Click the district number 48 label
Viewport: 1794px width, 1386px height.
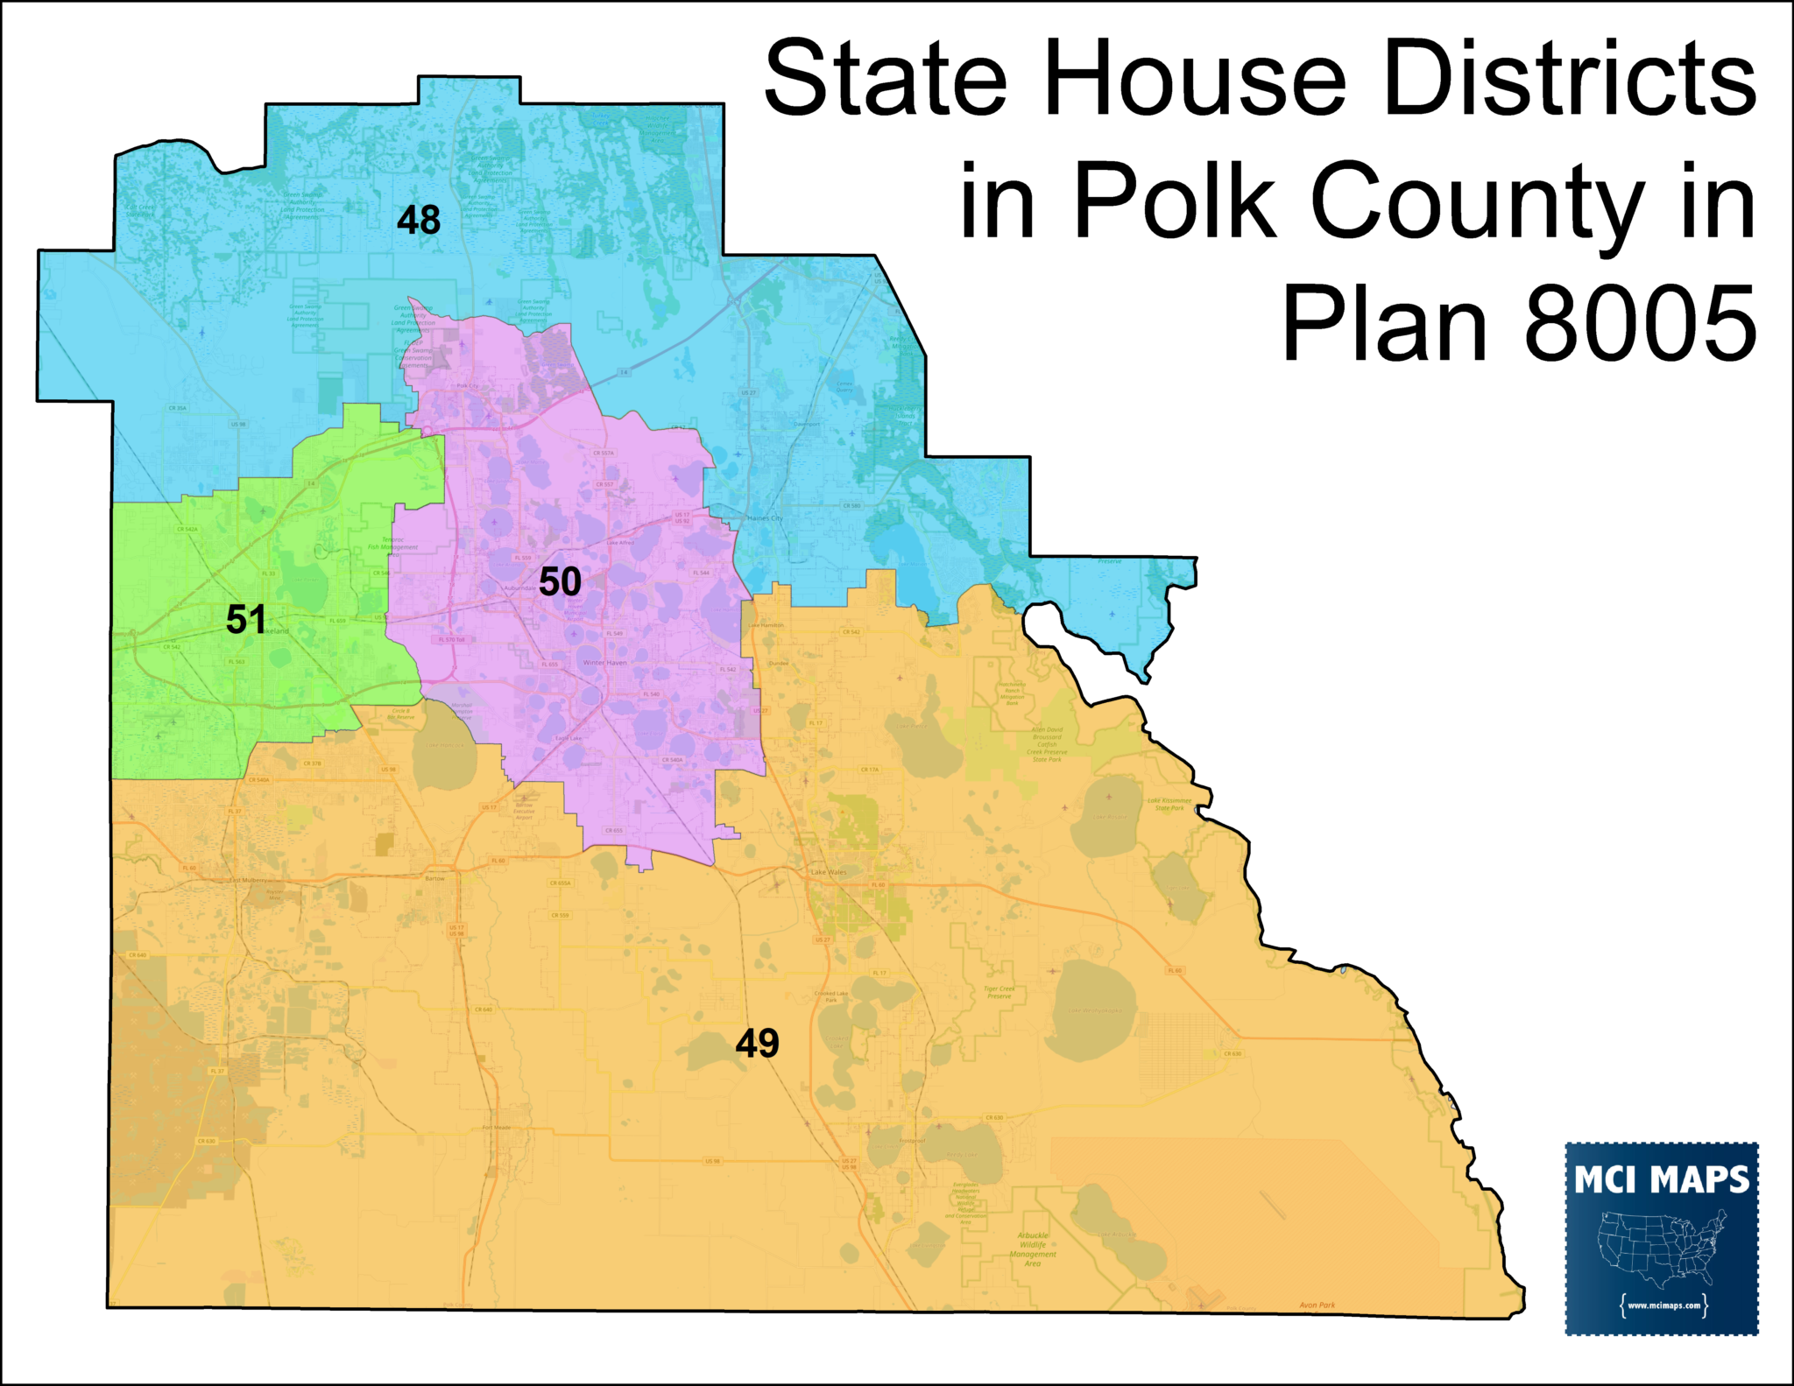coord(418,220)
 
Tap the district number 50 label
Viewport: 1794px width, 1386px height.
coord(560,582)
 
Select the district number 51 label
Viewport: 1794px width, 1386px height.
coord(245,620)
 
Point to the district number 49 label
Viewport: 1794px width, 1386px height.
coord(757,1044)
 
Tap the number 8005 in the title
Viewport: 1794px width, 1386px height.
coord(1640,324)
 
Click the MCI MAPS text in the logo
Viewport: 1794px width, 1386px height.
coord(1661,1180)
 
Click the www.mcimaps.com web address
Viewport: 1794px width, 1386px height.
coord(1663,1305)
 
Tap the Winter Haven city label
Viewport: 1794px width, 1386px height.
coord(604,663)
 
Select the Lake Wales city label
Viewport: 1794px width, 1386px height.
coord(829,872)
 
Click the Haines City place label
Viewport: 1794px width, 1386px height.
coord(765,518)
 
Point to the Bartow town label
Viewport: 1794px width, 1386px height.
coord(434,878)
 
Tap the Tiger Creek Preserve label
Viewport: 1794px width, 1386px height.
coord(999,992)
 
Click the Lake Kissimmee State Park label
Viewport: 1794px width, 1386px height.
coord(1169,804)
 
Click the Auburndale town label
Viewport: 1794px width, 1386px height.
coord(518,587)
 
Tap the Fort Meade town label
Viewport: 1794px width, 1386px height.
coord(496,1128)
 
